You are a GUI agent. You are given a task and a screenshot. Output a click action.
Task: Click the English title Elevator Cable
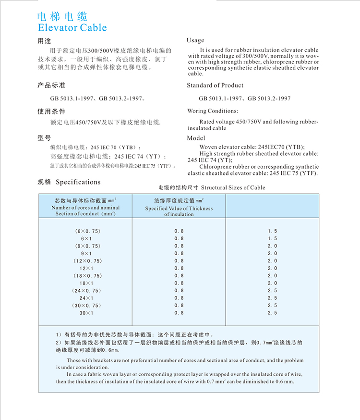72,27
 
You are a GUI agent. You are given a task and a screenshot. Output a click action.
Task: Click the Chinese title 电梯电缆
62,16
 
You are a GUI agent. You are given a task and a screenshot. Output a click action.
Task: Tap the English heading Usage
195,40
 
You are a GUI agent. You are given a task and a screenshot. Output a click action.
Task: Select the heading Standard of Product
215,85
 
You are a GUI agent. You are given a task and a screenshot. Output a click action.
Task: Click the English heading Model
196,138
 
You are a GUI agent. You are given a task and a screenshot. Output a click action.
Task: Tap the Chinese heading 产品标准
51,86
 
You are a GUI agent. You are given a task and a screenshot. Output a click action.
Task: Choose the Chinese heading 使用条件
51,111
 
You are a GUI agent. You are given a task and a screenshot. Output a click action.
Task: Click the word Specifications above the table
78,182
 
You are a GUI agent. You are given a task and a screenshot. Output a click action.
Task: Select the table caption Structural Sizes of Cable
233,187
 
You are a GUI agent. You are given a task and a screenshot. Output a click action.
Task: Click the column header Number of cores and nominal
85,208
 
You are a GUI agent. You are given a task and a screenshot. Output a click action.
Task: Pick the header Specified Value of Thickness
179,209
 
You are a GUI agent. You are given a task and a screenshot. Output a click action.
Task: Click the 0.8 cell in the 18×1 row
179,283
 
